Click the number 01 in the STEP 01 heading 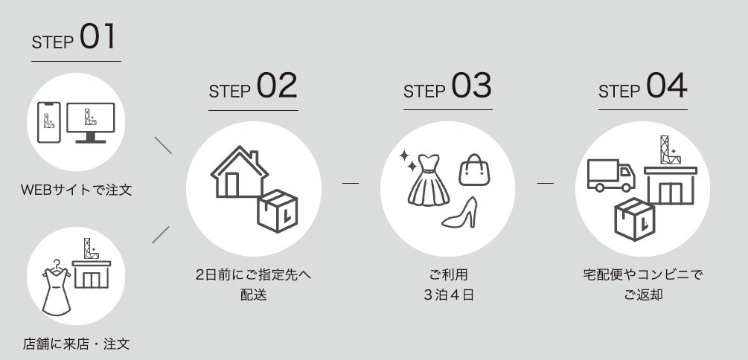pyautogui.click(x=98, y=36)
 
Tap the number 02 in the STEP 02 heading pyautogui.click(x=277, y=86)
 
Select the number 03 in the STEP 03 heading pyautogui.click(x=471, y=86)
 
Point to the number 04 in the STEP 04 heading pyautogui.click(x=666, y=86)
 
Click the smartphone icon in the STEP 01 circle pyautogui.click(x=49, y=122)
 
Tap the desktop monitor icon pyautogui.click(x=91, y=123)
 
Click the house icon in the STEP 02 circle pyautogui.click(x=239, y=172)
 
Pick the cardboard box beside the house pyautogui.click(x=277, y=210)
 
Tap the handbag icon pyautogui.click(x=474, y=170)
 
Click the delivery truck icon pyautogui.click(x=611, y=176)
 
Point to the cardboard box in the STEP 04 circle pyautogui.click(x=634, y=219)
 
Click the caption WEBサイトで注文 pyautogui.click(x=77, y=190)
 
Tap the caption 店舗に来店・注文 pyautogui.click(x=77, y=344)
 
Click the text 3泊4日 pyautogui.click(x=448, y=295)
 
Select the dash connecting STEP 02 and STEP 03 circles pyautogui.click(x=350, y=183)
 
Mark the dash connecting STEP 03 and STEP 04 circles pyautogui.click(x=546, y=183)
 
